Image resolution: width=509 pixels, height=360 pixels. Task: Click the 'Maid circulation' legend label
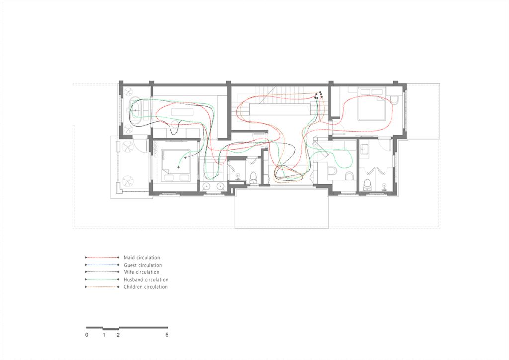[x=142, y=258]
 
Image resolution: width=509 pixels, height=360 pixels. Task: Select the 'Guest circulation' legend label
[x=143, y=265]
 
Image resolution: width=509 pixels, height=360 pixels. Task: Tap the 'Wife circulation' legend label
[x=141, y=272]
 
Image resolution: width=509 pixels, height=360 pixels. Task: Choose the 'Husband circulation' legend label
[x=146, y=279]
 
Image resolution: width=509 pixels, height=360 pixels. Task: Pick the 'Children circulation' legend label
[x=146, y=287]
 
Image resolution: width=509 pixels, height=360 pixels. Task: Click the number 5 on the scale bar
[x=167, y=335]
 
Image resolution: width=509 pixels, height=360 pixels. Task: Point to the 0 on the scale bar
[x=87, y=335]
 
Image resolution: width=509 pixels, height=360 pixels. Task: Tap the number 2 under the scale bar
[x=118, y=335]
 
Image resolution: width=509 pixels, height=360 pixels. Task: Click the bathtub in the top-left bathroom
[x=135, y=110]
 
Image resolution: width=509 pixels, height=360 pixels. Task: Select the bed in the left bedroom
[x=175, y=166]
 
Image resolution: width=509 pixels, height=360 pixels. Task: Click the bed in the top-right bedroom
[x=372, y=104]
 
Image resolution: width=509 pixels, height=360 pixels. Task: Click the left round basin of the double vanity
[x=206, y=186]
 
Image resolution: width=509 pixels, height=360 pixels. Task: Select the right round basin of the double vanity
[x=221, y=186]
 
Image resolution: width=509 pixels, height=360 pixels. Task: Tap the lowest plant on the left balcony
[x=127, y=180]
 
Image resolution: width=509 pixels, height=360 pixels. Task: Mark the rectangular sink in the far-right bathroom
[x=364, y=150]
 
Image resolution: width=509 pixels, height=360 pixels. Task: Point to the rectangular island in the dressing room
[x=182, y=112]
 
